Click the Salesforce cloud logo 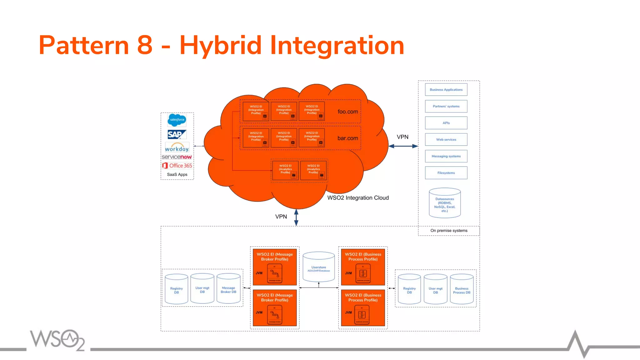coord(177,120)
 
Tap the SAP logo coord(177,134)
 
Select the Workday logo coord(177,147)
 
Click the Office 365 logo coord(177,166)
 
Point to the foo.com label coord(347,112)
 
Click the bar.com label coord(347,138)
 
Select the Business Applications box coord(446,90)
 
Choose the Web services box coord(446,140)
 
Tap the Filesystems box coord(446,173)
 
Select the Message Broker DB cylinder coord(228,289)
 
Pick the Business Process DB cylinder coord(462,289)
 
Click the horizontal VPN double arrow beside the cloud coord(403,146)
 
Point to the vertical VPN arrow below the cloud coord(296,217)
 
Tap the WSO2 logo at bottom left coord(57,340)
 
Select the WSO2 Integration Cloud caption coord(358,198)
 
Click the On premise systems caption coord(449,231)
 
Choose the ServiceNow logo coord(177,157)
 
